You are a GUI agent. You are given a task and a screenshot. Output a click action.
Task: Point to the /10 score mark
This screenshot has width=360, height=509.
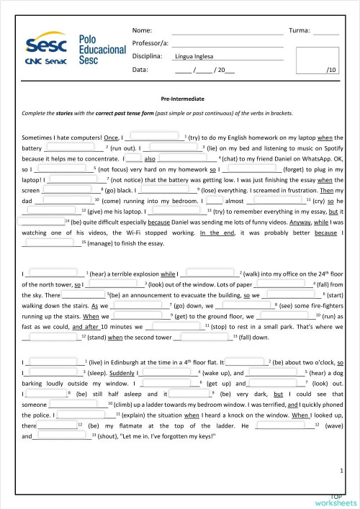331,70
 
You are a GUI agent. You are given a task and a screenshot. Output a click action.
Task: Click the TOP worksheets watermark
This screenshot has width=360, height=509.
336,500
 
